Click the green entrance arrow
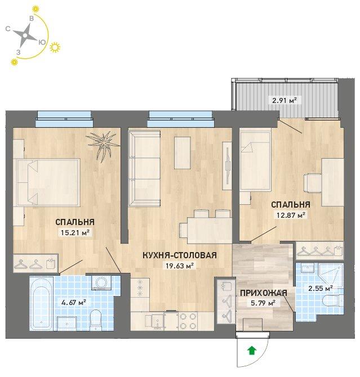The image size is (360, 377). [252, 351]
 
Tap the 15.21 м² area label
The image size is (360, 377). [75, 232]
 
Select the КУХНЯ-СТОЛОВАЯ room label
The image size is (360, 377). [180, 255]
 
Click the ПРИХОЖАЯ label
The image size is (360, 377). [264, 293]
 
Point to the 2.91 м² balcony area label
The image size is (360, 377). [284, 100]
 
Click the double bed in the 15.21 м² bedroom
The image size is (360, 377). [47, 182]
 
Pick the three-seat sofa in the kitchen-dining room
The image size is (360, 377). [144, 168]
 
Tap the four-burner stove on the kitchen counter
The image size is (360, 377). [188, 321]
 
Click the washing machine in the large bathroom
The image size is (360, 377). [101, 282]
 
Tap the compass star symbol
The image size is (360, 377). [25, 35]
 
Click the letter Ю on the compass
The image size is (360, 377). [42, 42]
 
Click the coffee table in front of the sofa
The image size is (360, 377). [183, 152]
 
